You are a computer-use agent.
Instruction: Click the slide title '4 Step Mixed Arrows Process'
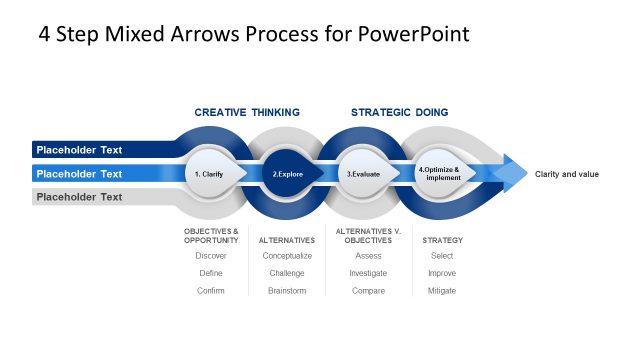point(253,34)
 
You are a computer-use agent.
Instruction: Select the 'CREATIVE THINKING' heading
point(247,112)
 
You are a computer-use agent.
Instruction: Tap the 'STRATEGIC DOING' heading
point(399,112)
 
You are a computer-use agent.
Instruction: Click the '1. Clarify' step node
point(211,174)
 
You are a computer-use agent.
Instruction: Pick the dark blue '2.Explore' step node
point(288,174)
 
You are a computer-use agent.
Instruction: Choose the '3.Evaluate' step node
point(363,174)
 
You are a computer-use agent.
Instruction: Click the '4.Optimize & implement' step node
point(439,173)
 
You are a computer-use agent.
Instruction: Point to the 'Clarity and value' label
point(567,174)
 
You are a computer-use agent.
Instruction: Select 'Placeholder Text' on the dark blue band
point(79,150)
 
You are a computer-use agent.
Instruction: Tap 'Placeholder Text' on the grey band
point(79,197)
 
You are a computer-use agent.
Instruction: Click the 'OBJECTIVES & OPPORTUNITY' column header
point(211,236)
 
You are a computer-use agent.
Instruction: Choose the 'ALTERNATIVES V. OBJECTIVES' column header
point(368,236)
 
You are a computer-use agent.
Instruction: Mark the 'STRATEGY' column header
point(442,240)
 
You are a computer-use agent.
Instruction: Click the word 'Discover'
point(211,256)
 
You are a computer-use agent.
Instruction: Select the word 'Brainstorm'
point(287,290)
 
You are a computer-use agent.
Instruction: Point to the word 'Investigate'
point(368,273)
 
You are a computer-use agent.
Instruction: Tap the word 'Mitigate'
point(442,290)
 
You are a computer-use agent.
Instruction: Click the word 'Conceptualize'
point(287,256)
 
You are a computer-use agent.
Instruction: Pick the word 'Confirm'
point(211,290)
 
